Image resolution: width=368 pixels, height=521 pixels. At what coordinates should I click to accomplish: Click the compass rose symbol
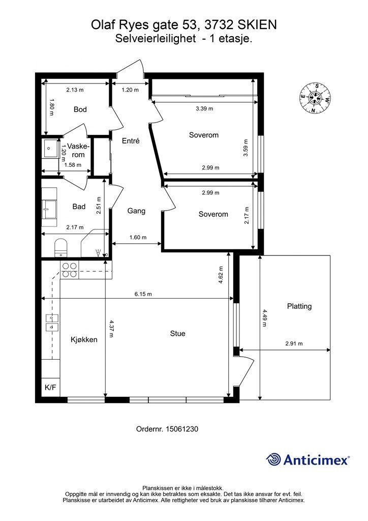(315, 98)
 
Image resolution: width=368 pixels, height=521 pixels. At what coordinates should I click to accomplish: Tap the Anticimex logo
(308, 459)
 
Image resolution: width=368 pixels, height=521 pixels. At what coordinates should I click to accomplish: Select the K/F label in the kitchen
(50, 387)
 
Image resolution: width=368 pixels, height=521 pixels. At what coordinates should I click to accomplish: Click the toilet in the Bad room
(60, 248)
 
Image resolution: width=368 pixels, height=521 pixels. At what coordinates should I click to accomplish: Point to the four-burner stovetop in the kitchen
(70, 270)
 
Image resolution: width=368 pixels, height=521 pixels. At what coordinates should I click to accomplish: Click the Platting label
(299, 306)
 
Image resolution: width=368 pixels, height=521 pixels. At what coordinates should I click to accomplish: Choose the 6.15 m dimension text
(143, 294)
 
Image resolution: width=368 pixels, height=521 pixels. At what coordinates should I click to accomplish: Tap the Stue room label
(177, 333)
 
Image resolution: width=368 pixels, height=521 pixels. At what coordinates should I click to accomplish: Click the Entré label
(131, 140)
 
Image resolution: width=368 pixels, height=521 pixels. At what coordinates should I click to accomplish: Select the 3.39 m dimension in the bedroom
(204, 108)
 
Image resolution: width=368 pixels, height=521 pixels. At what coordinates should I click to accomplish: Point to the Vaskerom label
(78, 151)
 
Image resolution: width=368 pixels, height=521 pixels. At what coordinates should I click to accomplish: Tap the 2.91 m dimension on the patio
(294, 343)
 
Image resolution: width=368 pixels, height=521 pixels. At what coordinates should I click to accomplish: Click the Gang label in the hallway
(136, 211)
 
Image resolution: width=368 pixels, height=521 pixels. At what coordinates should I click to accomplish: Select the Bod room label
(80, 109)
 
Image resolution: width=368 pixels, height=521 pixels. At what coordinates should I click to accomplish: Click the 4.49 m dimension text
(264, 318)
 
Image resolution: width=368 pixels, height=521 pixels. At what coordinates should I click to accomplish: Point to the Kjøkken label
(84, 339)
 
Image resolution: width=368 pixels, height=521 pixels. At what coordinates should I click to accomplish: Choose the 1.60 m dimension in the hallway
(138, 237)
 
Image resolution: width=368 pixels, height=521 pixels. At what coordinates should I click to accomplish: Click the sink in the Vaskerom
(50, 149)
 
